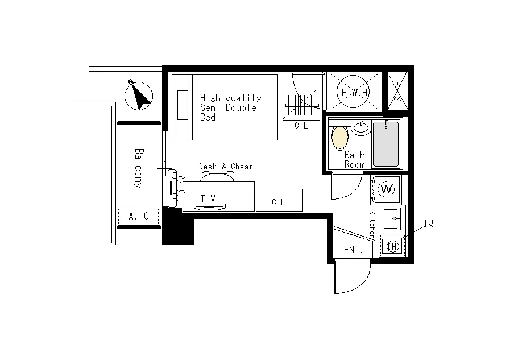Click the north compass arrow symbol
(x=139, y=96)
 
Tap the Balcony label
(x=139, y=168)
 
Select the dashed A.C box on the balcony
(x=138, y=216)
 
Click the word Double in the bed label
(x=241, y=107)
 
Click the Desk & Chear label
(x=226, y=167)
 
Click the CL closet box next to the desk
(x=279, y=200)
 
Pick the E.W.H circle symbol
(x=354, y=92)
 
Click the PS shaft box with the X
(x=397, y=91)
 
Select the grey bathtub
(x=386, y=144)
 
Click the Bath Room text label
(x=355, y=159)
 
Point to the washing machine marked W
(x=386, y=189)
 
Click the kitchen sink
(x=391, y=218)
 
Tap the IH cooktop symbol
(x=393, y=246)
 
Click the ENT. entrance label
(x=354, y=250)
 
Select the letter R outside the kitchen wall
(x=429, y=224)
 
